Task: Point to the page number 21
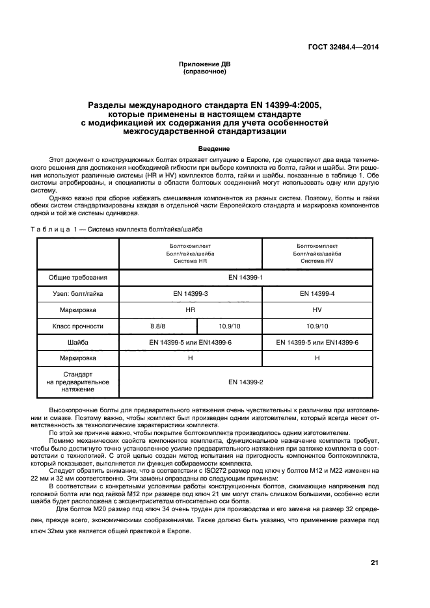coord(374,562)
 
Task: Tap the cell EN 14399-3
coord(190,294)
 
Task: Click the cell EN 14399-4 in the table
coord(317,294)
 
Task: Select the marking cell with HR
coord(190,310)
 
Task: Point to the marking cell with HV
coord(317,310)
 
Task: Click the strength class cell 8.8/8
coord(158,326)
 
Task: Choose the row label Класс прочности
coord(78,326)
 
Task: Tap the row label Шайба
coord(78,342)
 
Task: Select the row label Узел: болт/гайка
coord(78,294)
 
